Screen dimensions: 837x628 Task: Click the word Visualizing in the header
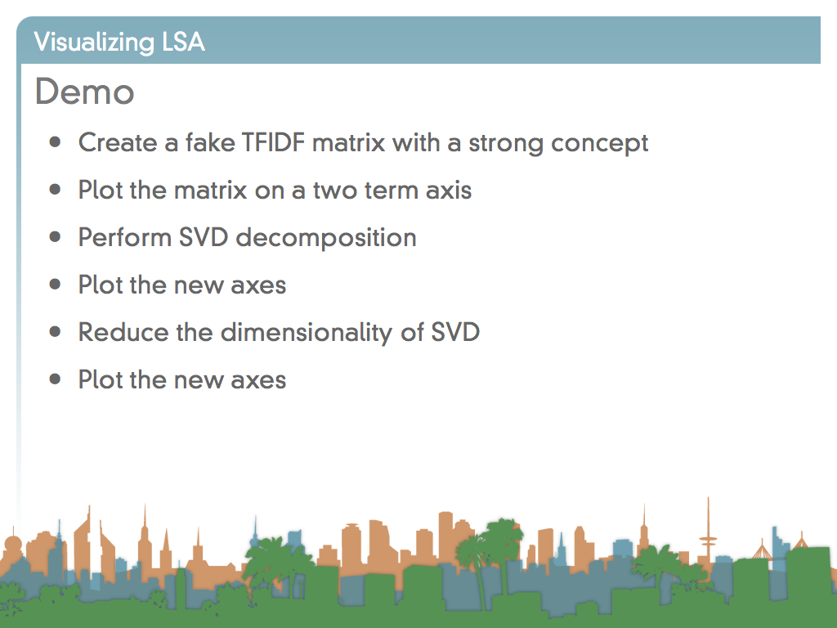point(94,43)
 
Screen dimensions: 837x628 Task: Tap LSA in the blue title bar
point(183,42)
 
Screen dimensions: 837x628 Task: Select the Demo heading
point(84,92)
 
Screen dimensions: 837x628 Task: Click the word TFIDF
point(273,142)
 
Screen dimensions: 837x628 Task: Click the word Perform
point(124,237)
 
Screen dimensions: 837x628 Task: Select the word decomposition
point(325,238)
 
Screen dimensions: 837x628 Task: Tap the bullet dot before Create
point(55,142)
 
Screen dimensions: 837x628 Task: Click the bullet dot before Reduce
point(55,332)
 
